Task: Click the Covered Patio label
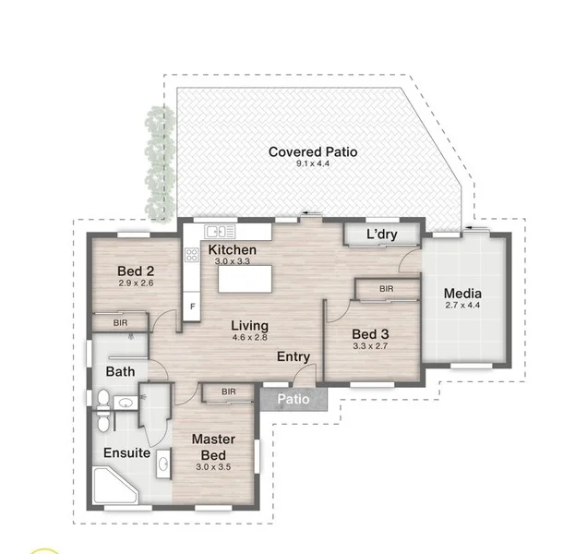(x=312, y=151)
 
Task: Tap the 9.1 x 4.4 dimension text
(x=312, y=164)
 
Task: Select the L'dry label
(x=381, y=235)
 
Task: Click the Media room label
(x=462, y=294)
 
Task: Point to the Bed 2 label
(x=135, y=271)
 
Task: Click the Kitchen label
(x=232, y=250)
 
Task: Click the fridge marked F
(x=192, y=306)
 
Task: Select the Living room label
(x=250, y=326)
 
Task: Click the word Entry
(x=293, y=357)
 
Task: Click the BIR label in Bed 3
(x=387, y=290)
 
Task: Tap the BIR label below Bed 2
(x=120, y=323)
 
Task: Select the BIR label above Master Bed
(x=228, y=392)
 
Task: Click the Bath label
(x=119, y=372)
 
